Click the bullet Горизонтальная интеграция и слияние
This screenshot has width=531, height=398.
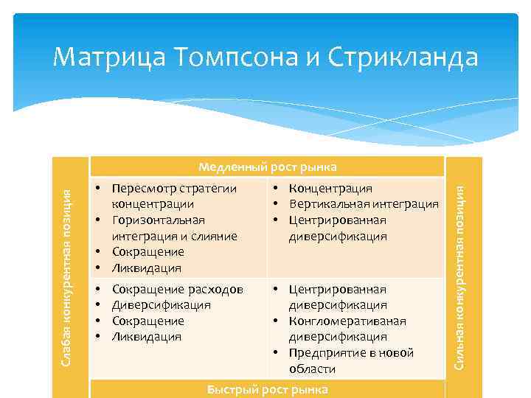point(174,228)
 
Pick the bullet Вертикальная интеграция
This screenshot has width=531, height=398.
point(364,205)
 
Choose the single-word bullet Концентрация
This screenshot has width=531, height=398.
point(330,189)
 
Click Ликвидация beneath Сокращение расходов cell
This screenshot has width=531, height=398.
point(146,337)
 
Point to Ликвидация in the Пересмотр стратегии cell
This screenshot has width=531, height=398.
point(146,268)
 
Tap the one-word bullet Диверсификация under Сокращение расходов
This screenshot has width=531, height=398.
point(161,305)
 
